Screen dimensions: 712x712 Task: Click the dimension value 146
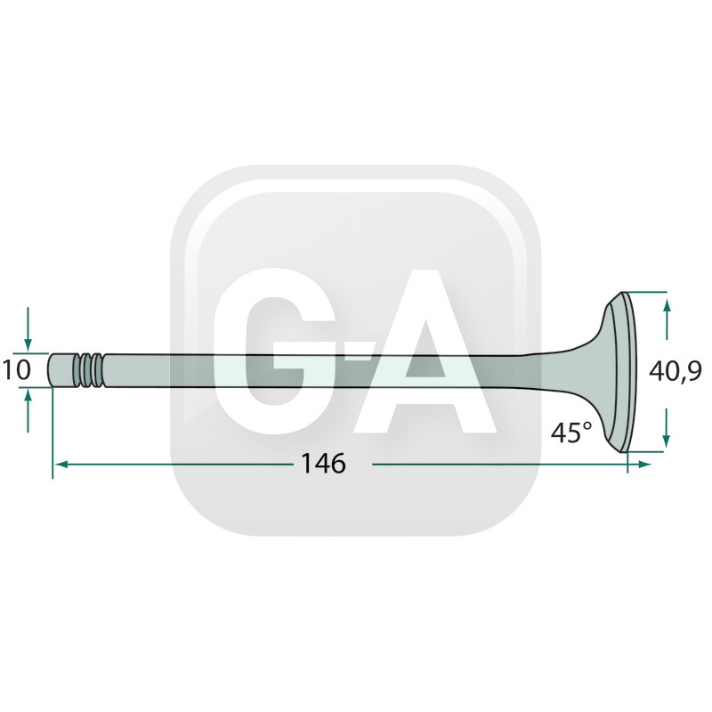click(x=323, y=464)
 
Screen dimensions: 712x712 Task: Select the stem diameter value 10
click(x=17, y=369)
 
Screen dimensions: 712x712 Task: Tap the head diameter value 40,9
click(x=676, y=371)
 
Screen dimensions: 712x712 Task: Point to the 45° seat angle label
click(x=571, y=432)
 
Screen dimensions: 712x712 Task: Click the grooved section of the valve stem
click(x=92, y=370)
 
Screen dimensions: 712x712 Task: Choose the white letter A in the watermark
click(x=425, y=351)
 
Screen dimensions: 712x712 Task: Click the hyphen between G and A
click(x=357, y=352)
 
